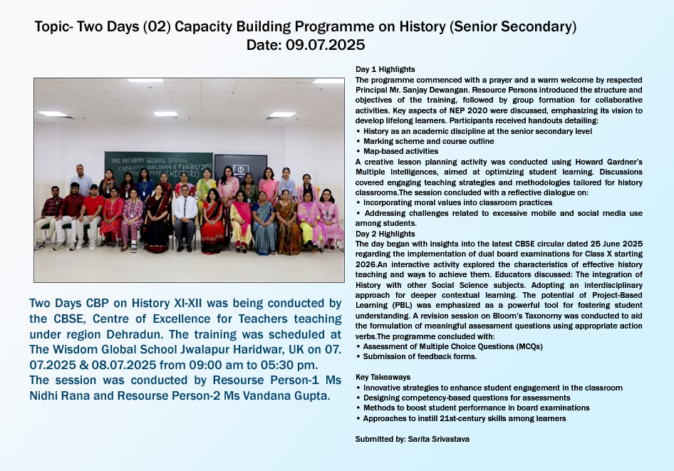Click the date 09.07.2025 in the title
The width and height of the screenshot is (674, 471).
pyautogui.click(x=325, y=45)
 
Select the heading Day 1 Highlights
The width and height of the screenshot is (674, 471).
pyautogui.click(x=385, y=69)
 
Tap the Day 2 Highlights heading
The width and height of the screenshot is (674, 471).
pyautogui.click(x=385, y=234)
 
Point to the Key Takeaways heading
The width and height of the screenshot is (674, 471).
pyautogui.click(x=383, y=377)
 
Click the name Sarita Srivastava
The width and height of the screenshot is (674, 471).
pyautogui.click(x=438, y=439)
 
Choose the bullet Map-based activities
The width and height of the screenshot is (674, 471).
pyautogui.click(x=400, y=151)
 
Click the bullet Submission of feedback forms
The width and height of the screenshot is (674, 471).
pyautogui.click(x=420, y=356)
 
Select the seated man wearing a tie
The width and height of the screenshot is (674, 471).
pyautogui.click(x=185, y=217)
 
